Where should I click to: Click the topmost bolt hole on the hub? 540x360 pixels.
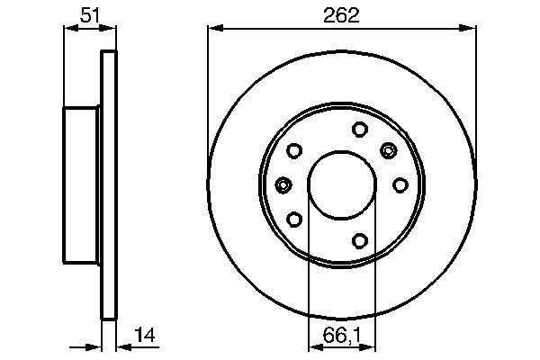pos(358,129)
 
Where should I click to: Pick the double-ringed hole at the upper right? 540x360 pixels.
pos(389,149)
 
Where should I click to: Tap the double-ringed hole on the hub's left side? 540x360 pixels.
pos(283,184)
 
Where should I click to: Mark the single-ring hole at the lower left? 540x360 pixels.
pos(294,218)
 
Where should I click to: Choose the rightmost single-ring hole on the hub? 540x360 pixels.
pos(399,184)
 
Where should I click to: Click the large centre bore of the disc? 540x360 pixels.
pos(342,184)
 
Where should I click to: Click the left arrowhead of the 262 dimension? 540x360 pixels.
pos(213,28)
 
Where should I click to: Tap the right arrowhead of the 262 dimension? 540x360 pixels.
pos(471,28)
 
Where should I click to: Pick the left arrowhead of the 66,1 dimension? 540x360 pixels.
pos(314,346)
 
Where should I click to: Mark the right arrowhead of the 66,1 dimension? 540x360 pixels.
pos(370,346)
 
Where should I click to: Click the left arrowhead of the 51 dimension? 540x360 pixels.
pos(68,28)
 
